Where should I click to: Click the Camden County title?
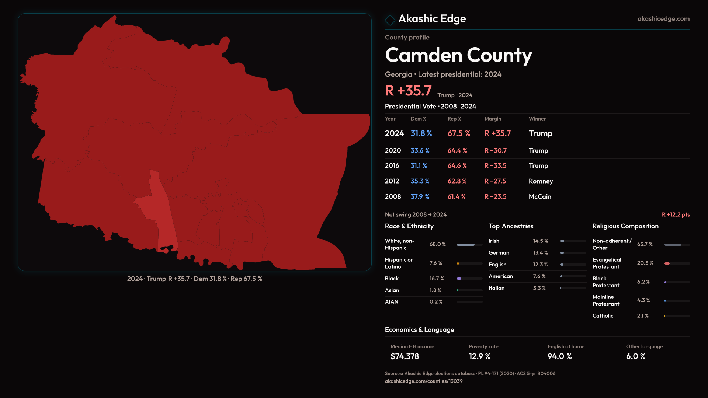click(x=458, y=55)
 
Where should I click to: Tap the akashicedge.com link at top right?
click(x=663, y=19)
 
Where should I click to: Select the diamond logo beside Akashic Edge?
click(x=390, y=20)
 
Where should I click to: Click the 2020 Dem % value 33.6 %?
click(x=420, y=151)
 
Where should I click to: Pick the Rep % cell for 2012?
click(x=457, y=181)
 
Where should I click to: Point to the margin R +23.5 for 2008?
click(x=495, y=197)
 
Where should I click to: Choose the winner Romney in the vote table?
click(x=541, y=181)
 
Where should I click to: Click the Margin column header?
click(x=493, y=119)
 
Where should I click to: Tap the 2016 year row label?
click(x=392, y=166)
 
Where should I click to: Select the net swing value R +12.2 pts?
click(x=676, y=214)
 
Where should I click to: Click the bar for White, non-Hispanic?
click(x=469, y=245)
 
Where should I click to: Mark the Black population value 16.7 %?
click(x=437, y=279)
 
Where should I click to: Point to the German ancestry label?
click(x=499, y=253)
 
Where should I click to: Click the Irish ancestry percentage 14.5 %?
click(x=540, y=241)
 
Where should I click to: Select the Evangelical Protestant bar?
click(x=677, y=263)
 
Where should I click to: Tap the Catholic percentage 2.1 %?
click(x=643, y=316)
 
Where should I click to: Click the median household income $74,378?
click(x=405, y=356)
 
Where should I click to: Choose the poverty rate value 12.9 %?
click(x=479, y=356)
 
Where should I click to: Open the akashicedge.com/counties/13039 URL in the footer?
click(x=423, y=381)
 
